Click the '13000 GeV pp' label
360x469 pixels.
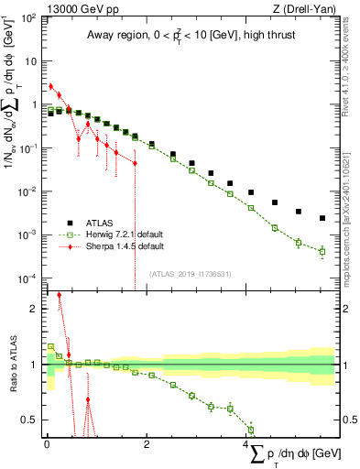[x=76, y=7]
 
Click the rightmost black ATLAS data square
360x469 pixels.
[x=322, y=218]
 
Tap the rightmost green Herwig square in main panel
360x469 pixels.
[x=322, y=251]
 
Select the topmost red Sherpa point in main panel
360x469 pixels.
[x=51, y=86]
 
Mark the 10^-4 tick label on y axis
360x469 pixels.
[x=27, y=278]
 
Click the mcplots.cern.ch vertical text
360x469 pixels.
[x=352, y=220]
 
